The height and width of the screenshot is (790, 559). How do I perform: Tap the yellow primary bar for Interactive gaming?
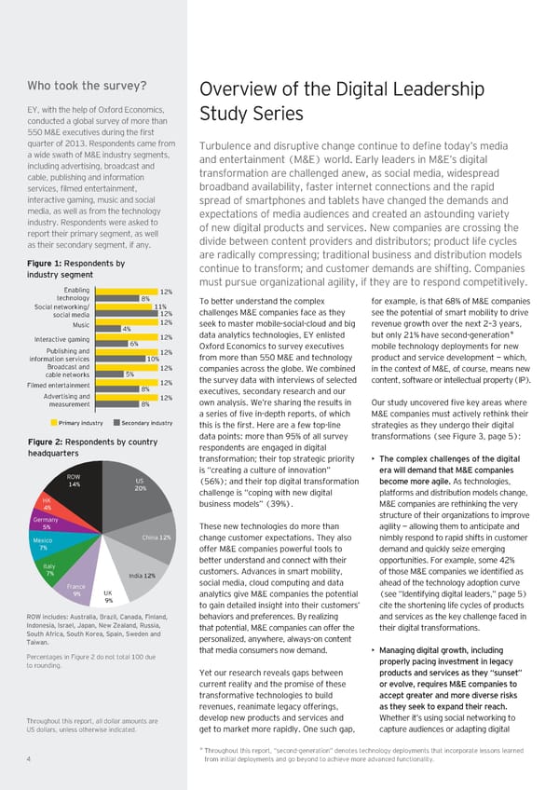click(125, 336)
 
